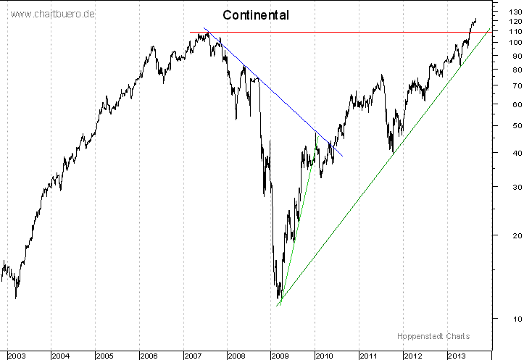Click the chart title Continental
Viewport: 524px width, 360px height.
point(255,14)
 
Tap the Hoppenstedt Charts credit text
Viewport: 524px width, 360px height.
point(433,336)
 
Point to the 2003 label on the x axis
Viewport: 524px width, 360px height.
point(17,356)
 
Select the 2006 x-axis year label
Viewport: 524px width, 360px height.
point(149,356)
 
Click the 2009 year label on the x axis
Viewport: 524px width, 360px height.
point(280,356)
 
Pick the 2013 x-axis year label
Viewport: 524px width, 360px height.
point(457,356)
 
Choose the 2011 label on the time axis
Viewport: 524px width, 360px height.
point(369,356)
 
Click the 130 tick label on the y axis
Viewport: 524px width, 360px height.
point(508,11)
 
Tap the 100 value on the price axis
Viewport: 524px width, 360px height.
point(508,42)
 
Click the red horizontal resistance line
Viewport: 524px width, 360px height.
point(326,32)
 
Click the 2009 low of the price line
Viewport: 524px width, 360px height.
point(279,298)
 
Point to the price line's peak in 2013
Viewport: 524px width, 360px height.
point(475,20)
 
